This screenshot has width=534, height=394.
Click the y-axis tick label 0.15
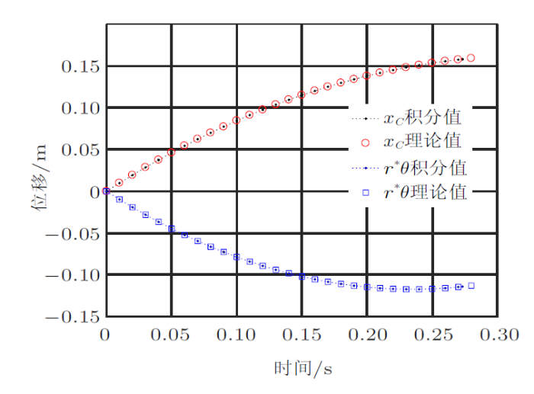click(x=79, y=67)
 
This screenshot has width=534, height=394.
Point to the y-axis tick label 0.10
click(x=79, y=108)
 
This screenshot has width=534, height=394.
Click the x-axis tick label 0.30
click(x=499, y=335)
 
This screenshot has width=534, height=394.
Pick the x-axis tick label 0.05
click(x=171, y=335)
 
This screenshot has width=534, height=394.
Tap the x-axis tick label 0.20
click(x=368, y=335)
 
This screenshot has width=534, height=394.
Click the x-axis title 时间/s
click(x=303, y=369)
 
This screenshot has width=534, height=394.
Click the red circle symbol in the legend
click(x=365, y=143)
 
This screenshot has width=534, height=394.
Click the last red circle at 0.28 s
click(x=471, y=58)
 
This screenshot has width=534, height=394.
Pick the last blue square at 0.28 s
click(x=471, y=286)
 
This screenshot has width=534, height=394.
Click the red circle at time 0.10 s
click(x=236, y=120)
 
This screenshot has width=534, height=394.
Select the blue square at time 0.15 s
click(x=302, y=277)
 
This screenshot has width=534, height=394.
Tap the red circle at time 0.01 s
click(x=119, y=183)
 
